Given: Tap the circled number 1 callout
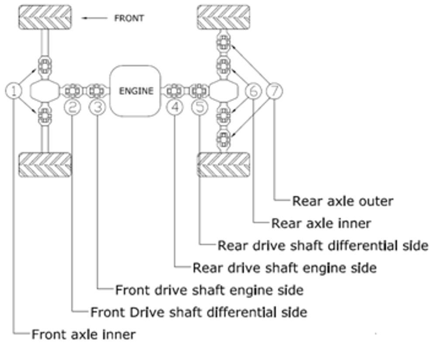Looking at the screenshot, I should point(14,91).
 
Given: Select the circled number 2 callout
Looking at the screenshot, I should point(72,107).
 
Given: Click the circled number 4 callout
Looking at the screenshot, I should point(175,107).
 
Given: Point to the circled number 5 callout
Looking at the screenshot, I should point(199,107).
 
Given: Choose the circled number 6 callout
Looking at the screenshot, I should point(254,91).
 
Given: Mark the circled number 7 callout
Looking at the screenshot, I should point(274,91).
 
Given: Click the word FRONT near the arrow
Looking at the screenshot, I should point(129,18).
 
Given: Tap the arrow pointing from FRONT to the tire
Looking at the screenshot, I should point(95,18).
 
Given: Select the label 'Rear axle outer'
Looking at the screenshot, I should point(342,201).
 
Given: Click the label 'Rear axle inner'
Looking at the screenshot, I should point(321,223).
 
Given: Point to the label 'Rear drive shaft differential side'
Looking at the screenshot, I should point(323,246).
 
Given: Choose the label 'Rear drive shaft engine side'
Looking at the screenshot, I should point(284,267).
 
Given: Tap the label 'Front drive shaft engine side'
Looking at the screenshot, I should point(209,290).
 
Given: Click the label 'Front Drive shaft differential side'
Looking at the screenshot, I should point(199,312).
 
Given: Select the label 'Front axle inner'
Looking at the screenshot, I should point(83,335).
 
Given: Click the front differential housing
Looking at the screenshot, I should point(44,91).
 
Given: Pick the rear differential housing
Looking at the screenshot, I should point(223,91).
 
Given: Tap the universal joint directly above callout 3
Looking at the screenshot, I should point(95,91).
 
